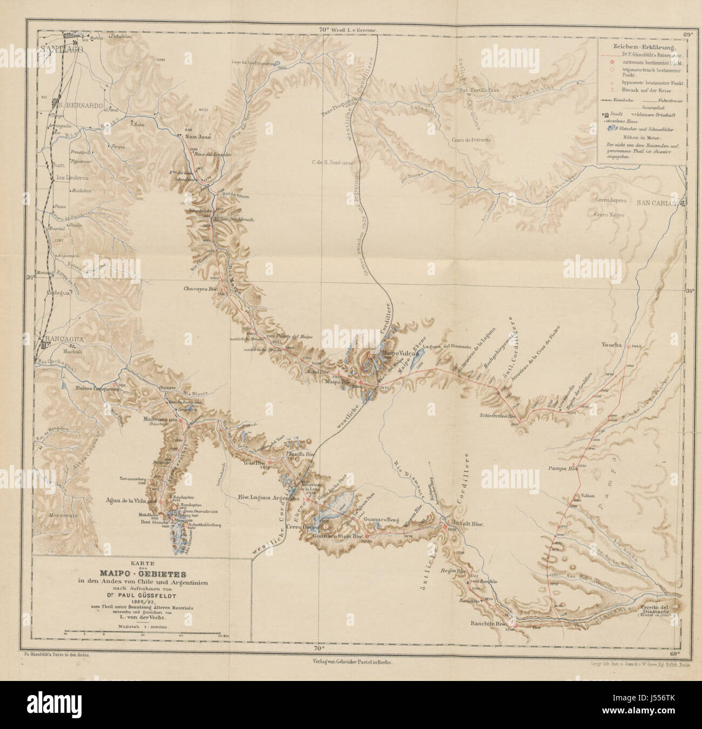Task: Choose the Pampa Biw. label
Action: (563, 469)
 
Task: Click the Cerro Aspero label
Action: (610, 201)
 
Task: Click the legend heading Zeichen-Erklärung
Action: (640, 47)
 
